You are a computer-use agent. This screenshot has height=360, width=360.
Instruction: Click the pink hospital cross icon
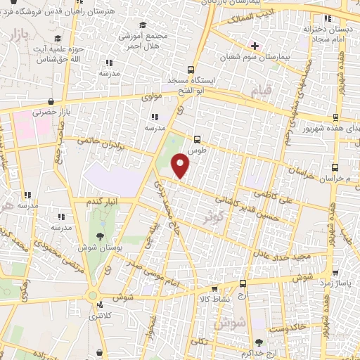[x=255, y=46]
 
